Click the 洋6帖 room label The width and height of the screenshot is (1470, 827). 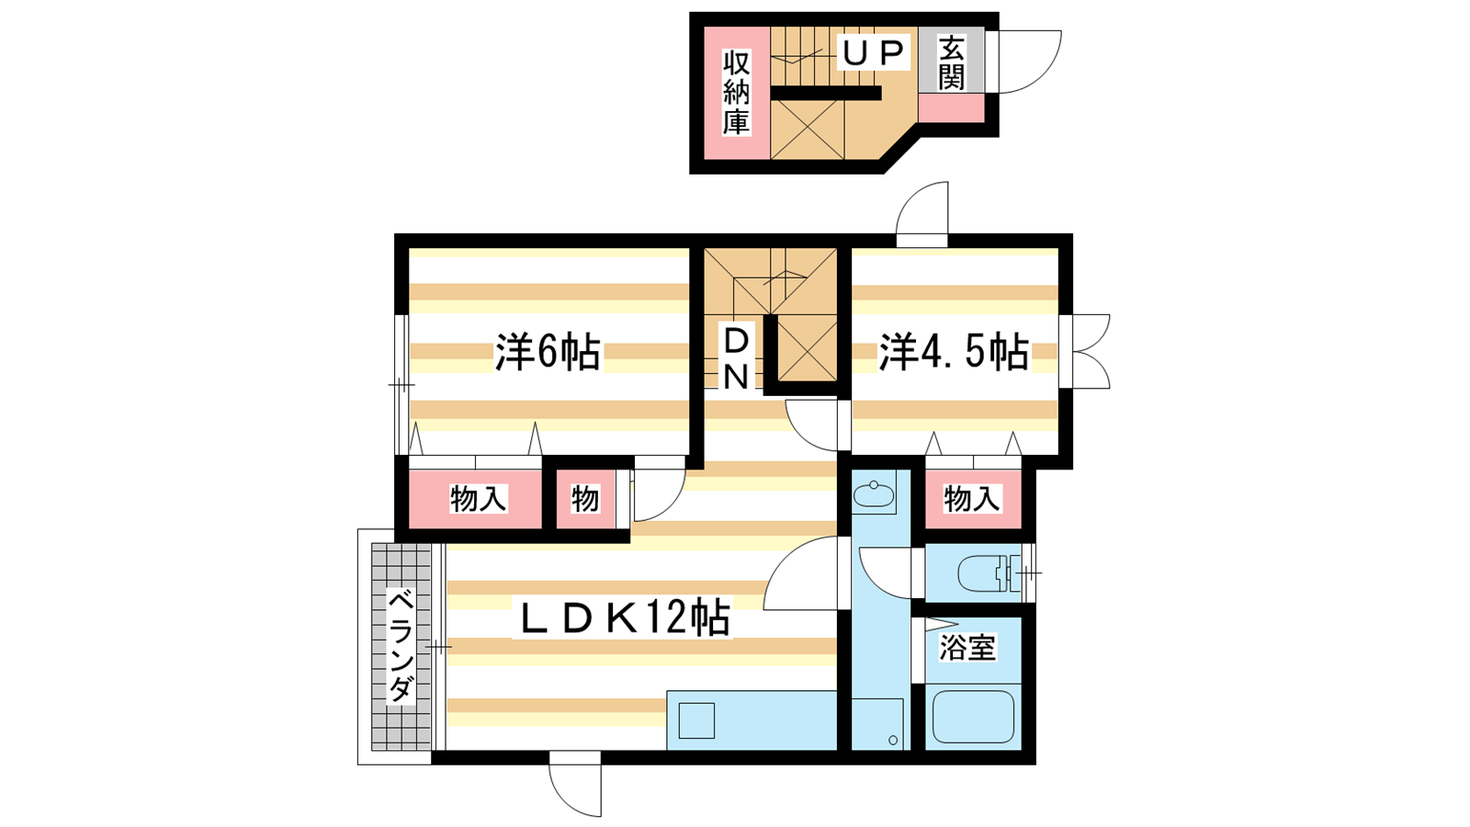[x=548, y=353]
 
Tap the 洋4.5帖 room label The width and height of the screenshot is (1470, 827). [x=954, y=353]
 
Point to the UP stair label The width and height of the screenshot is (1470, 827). [x=874, y=51]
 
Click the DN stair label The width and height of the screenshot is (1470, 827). [x=736, y=359]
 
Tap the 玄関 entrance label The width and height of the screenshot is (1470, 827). [x=951, y=63]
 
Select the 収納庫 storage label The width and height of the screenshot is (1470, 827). [x=736, y=93]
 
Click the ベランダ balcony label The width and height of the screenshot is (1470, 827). [x=401, y=646]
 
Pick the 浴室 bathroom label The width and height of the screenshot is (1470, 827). [x=968, y=648]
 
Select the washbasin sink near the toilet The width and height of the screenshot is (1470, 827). [x=874, y=493]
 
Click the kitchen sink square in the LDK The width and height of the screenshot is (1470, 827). [x=696, y=720]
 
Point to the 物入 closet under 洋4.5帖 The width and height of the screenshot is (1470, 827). [x=973, y=499]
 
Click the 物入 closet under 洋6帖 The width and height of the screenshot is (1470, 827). [x=476, y=499]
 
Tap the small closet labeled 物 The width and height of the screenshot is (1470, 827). [x=585, y=499]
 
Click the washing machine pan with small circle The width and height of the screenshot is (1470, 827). [x=877, y=724]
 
